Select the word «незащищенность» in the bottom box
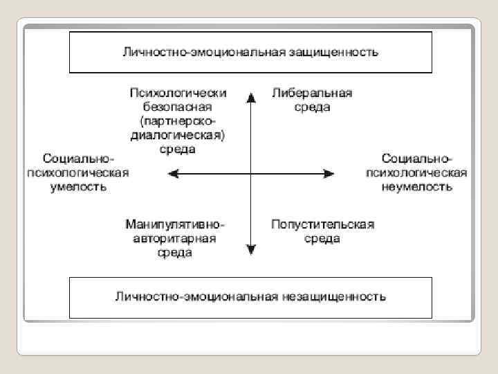(x=333, y=297)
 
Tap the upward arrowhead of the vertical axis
(x=250, y=93)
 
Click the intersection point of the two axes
(x=250, y=172)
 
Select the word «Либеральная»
(x=312, y=93)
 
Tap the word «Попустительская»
(x=322, y=225)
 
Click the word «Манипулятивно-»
(x=176, y=225)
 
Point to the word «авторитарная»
(x=178, y=239)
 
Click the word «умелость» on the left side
(x=78, y=186)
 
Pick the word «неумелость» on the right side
(x=417, y=186)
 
